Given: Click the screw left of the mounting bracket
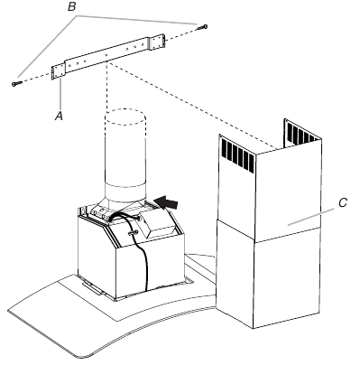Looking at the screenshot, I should (15, 83).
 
